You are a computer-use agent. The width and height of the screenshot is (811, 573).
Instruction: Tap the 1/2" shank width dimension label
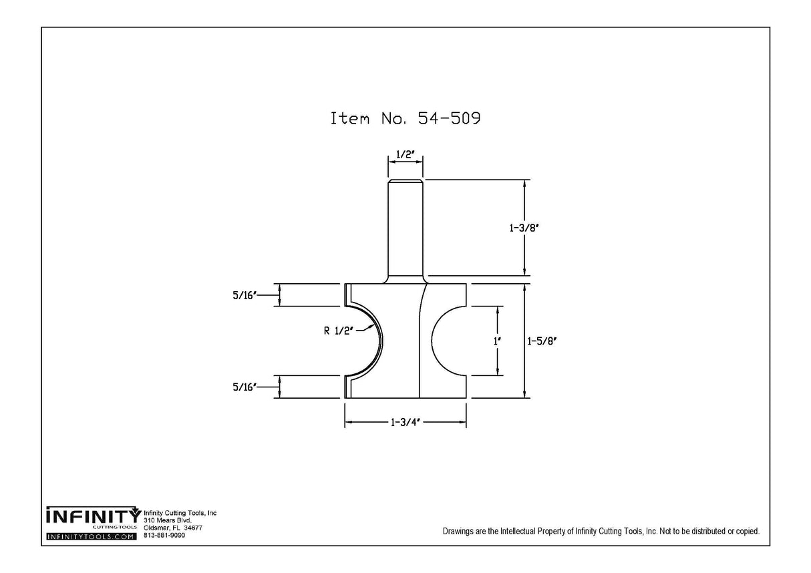point(405,155)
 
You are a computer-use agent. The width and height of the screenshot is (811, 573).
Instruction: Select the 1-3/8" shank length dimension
point(525,228)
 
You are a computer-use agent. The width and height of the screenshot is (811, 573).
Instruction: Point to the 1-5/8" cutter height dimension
point(542,341)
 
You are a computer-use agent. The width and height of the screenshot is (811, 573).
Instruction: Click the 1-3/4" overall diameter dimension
point(405,423)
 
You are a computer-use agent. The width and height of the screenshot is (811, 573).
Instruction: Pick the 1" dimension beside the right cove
point(496,341)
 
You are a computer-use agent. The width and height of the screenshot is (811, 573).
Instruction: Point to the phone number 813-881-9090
point(164,535)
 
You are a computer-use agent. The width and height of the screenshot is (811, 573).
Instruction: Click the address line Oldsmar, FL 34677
point(173,528)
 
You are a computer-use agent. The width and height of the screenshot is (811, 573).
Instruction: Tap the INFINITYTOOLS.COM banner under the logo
point(91,537)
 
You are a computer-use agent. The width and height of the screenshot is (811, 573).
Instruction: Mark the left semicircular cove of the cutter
point(364,341)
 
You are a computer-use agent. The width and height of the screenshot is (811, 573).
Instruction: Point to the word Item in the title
point(350,119)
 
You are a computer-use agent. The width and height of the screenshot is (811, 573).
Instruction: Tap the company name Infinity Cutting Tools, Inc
point(180,513)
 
